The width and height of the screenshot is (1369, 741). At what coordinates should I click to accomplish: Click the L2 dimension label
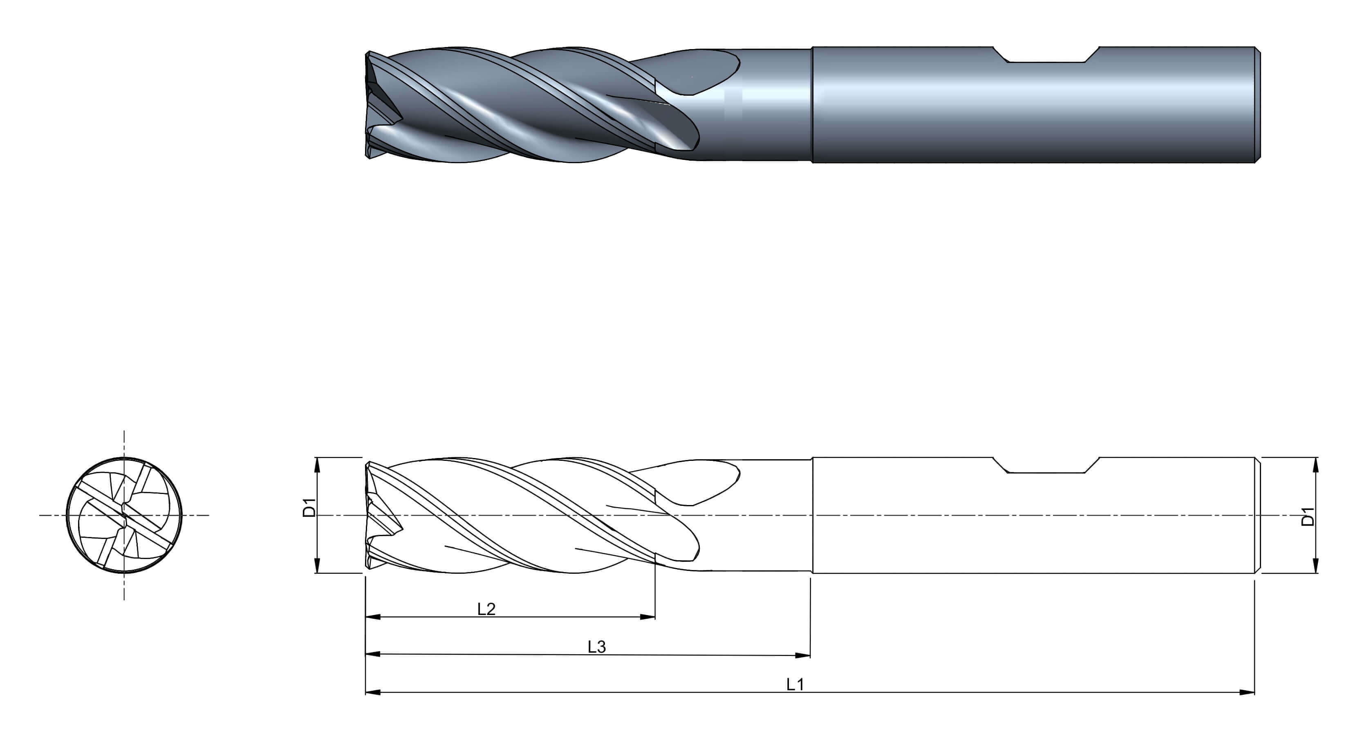click(x=486, y=609)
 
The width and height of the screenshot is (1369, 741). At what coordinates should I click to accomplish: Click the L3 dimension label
click(x=597, y=647)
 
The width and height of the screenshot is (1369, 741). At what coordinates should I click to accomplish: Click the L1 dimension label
click(x=795, y=685)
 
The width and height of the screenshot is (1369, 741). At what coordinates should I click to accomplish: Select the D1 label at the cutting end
click(x=309, y=507)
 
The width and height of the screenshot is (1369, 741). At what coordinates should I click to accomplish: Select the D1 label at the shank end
click(x=1307, y=516)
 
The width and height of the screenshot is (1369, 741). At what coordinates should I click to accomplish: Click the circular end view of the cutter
click(x=124, y=515)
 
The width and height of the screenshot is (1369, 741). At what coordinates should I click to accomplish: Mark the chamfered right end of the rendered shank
click(x=1258, y=105)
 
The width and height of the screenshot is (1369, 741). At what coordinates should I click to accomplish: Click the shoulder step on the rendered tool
click(x=812, y=105)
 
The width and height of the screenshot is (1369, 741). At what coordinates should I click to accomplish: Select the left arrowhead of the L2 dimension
click(x=374, y=617)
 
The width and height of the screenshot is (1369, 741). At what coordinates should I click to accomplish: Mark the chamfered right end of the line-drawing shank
click(x=1258, y=515)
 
